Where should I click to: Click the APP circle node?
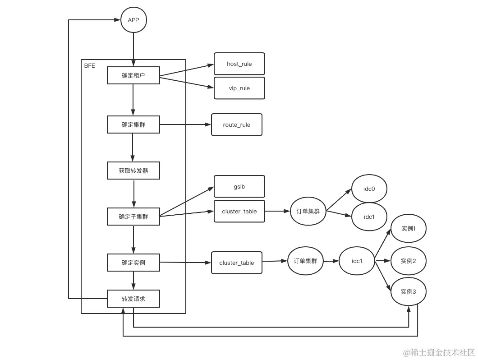(x=133, y=20)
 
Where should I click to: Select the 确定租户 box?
(x=133, y=75)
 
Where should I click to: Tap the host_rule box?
(x=239, y=64)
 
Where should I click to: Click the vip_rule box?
(x=239, y=88)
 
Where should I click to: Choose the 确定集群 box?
(x=133, y=125)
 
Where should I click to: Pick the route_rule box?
(x=236, y=125)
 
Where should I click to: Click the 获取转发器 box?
(x=133, y=171)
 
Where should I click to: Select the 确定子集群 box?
(x=133, y=217)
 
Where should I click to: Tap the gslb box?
(x=239, y=186)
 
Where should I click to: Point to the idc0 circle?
(x=369, y=189)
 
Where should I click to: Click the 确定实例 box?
(x=133, y=263)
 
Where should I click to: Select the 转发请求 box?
(x=133, y=299)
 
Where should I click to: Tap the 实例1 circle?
(x=408, y=229)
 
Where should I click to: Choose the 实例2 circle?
(x=408, y=261)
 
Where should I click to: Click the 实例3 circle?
(x=408, y=292)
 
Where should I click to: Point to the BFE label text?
(x=89, y=66)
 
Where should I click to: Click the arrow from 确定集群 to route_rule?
(x=185, y=125)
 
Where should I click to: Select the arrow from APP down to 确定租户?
(x=133, y=50)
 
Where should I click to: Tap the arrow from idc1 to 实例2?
(x=382, y=261)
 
